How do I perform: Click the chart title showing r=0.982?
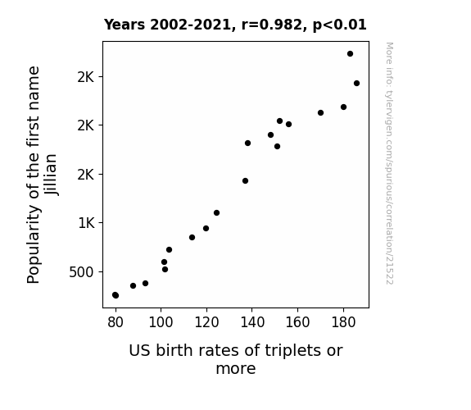point(235,25)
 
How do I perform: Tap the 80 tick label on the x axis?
point(115,322)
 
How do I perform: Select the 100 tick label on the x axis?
point(161,322)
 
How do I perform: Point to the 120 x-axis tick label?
point(206,322)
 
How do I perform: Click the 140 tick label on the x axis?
point(252,322)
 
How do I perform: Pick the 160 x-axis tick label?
point(297,322)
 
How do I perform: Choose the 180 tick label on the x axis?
point(343,322)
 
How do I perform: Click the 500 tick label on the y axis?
point(81,272)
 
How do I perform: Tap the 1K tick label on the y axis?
point(86,223)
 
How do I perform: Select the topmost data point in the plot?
point(350,54)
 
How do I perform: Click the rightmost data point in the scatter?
point(356,84)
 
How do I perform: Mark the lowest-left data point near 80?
point(115,295)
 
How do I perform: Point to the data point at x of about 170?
point(320,113)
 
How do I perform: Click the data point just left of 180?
point(344,107)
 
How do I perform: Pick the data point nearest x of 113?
point(192,237)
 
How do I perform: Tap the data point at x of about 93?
point(145,284)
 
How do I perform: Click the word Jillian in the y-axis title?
point(51,175)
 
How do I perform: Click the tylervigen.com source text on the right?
point(389,163)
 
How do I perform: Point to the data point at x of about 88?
point(133,285)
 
